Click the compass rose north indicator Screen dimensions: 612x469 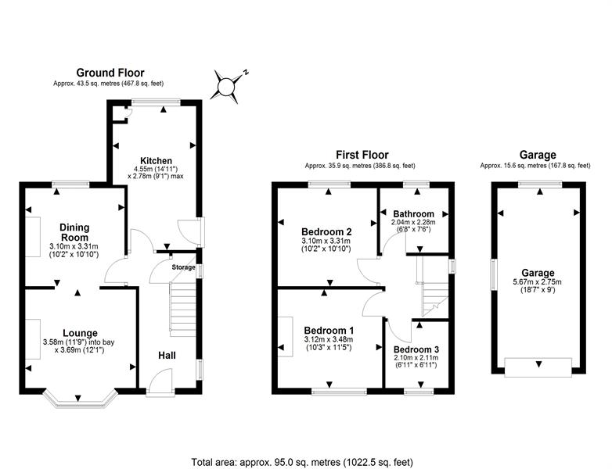(226, 87)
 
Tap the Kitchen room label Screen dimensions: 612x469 (156, 160)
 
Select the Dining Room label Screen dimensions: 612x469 (74, 232)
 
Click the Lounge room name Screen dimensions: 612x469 (80, 333)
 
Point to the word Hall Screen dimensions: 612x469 (167, 356)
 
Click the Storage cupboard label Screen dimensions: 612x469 (183, 267)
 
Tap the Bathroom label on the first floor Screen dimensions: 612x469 (414, 214)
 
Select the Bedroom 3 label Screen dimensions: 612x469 (416, 349)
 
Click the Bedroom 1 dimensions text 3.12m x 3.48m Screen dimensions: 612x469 (328, 339)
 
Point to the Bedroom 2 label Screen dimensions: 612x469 (326, 232)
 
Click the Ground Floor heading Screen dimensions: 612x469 (110, 73)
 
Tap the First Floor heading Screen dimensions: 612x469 (362, 156)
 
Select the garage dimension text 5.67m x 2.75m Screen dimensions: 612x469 (538, 282)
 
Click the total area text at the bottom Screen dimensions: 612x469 (302, 463)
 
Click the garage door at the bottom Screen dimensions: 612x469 (538, 367)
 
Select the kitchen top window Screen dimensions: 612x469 (156, 102)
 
